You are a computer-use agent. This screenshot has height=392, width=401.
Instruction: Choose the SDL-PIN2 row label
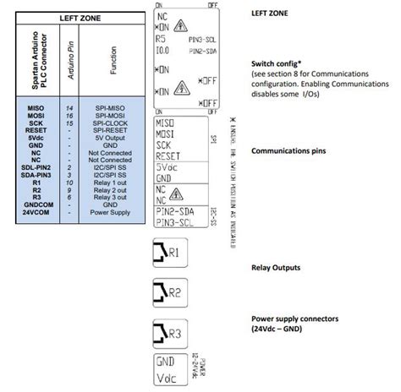pos(36,167)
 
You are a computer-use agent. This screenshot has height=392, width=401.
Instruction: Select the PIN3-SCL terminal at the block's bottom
pos(180,222)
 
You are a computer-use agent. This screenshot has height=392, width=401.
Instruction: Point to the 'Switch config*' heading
pos(280,63)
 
